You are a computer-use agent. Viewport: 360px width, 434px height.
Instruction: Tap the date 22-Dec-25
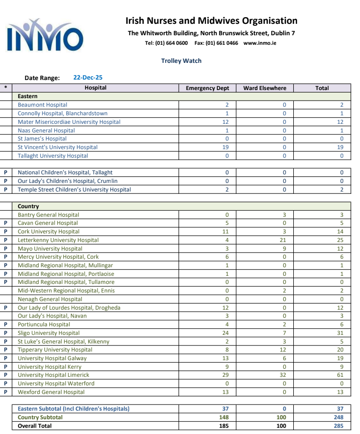click(88, 78)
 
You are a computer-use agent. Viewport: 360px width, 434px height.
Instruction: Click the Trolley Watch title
click(181, 61)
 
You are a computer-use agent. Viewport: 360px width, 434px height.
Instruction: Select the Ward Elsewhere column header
click(265, 88)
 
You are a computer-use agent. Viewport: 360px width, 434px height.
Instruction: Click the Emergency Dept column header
click(207, 88)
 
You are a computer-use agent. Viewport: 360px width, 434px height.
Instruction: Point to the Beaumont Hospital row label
click(42, 105)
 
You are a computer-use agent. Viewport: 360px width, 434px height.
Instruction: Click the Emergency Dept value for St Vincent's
click(226, 147)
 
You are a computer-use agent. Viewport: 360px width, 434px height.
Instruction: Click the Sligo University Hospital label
click(49, 333)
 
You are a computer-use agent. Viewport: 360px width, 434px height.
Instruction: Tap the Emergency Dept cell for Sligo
click(226, 333)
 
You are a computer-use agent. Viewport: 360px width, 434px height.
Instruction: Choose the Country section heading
click(29, 206)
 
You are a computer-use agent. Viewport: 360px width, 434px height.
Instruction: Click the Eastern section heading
click(28, 96)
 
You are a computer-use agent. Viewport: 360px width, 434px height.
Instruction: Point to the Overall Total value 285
click(338, 426)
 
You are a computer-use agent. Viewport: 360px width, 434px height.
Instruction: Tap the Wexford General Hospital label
click(51, 392)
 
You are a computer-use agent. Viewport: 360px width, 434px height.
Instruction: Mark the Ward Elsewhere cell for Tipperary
click(283, 350)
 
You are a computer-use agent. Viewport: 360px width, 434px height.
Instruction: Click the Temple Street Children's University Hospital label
click(74, 190)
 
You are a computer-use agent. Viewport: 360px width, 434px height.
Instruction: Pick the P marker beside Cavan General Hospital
click(6, 223)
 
